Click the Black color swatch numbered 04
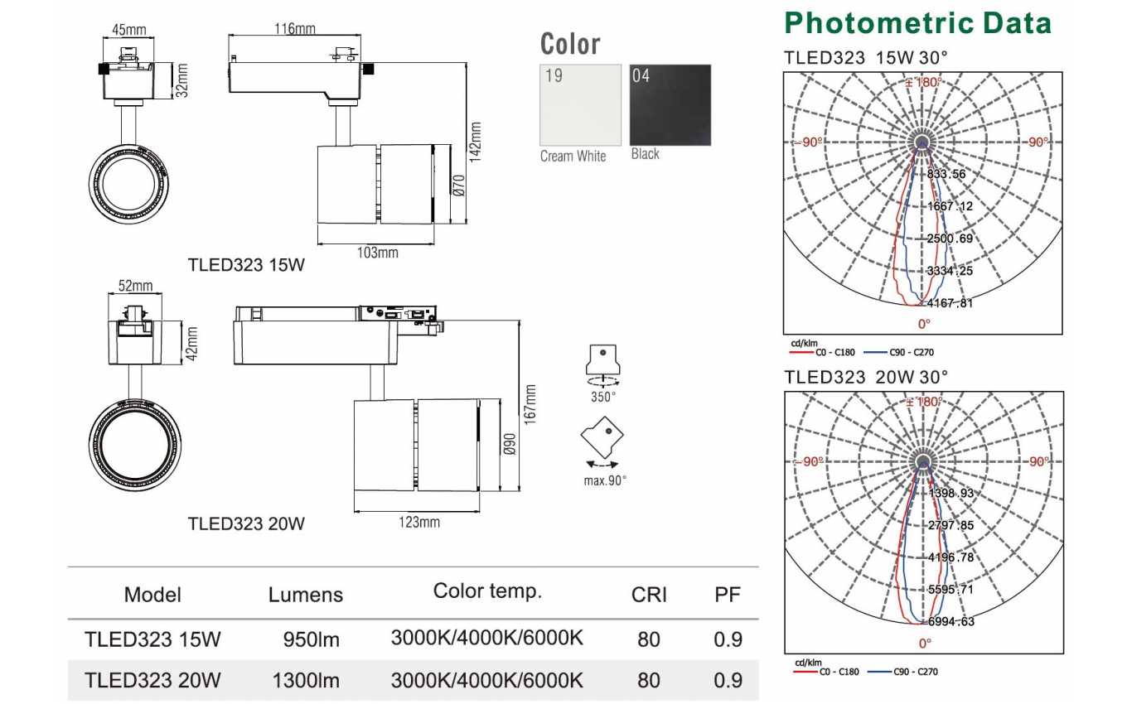(x=670, y=105)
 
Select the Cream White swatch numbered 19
(x=581, y=105)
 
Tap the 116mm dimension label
(x=295, y=29)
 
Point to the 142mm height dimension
(x=475, y=142)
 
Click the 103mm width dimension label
(x=377, y=253)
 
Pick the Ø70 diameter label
(x=458, y=185)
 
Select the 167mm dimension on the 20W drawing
(x=530, y=405)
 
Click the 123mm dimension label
(x=419, y=522)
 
